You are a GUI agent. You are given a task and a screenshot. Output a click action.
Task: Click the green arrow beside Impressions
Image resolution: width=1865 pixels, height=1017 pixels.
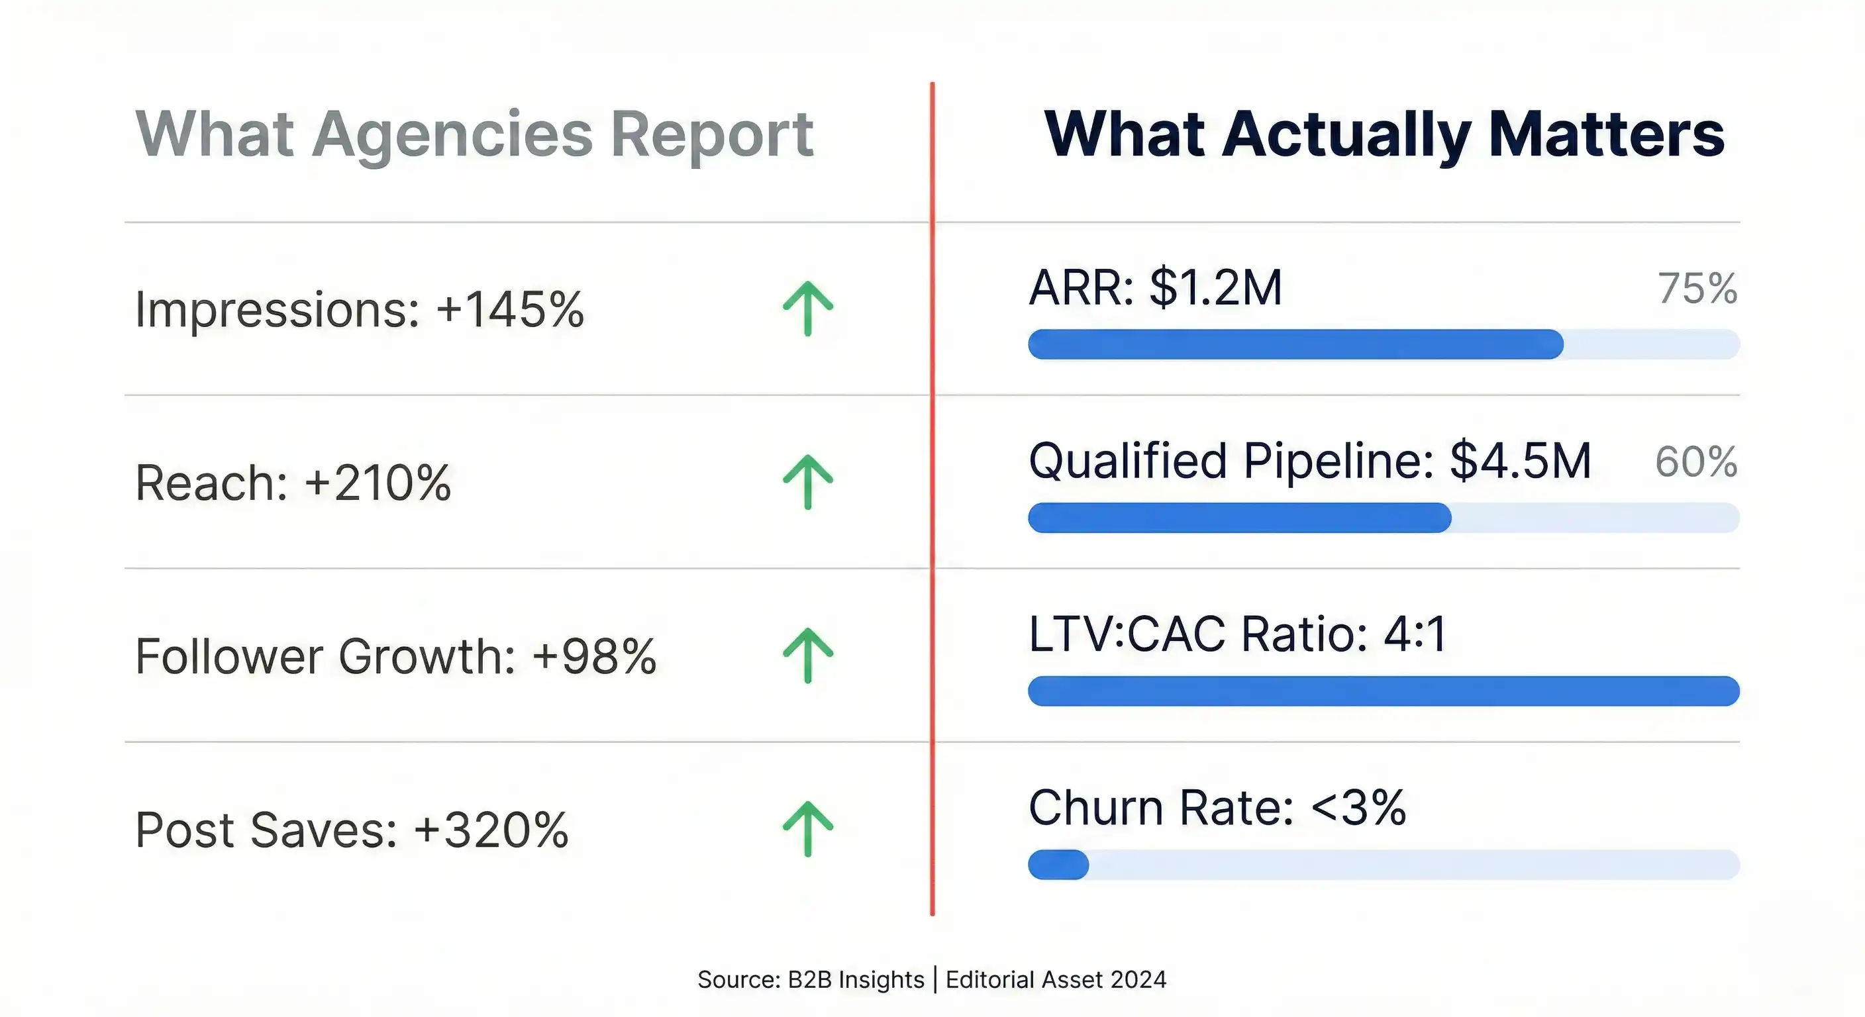[808, 309]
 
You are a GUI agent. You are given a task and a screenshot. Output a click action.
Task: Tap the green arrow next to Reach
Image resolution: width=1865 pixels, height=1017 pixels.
[808, 482]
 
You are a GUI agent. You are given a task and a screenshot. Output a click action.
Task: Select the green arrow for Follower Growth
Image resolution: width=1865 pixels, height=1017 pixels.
[808, 655]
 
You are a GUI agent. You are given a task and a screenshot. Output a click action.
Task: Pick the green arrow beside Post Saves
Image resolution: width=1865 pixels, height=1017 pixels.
[808, 829]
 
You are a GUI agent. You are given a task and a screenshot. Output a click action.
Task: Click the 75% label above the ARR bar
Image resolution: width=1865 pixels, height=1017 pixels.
[1697, 288]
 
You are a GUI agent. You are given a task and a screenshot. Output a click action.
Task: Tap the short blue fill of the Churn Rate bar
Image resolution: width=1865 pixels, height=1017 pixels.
[1058, 865]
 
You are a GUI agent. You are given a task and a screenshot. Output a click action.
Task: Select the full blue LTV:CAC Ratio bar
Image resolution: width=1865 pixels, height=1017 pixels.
[1383, 691]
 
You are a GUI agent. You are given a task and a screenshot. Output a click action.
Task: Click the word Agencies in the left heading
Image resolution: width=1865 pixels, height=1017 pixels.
[452, 134]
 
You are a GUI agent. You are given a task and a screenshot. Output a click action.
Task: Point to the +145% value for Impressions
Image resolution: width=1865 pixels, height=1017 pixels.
[510, 310]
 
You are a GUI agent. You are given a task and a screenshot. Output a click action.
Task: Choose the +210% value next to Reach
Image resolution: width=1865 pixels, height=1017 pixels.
[378, 483]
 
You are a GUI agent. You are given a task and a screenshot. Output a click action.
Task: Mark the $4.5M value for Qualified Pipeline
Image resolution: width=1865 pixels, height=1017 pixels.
[1521, 460]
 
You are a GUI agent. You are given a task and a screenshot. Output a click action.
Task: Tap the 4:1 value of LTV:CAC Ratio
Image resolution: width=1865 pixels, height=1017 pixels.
[1415, 634]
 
